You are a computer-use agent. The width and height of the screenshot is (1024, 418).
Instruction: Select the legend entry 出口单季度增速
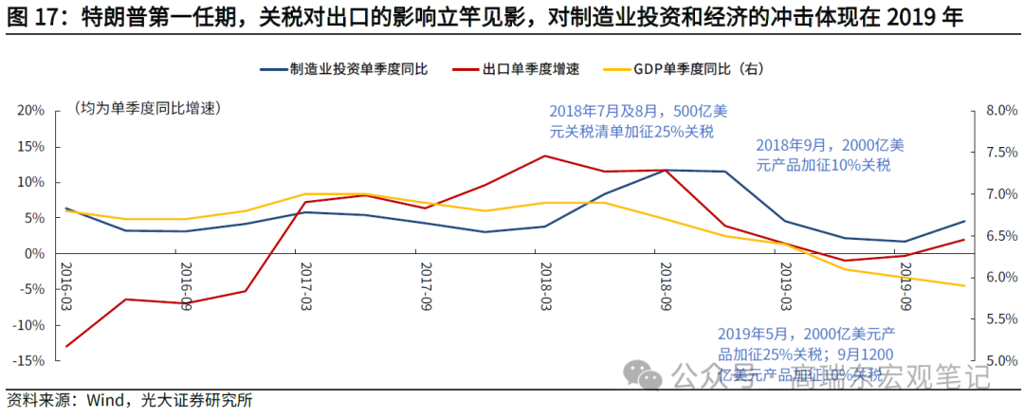(530, 69)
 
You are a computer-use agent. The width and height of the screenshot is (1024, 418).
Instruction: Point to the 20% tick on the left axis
(31, 110)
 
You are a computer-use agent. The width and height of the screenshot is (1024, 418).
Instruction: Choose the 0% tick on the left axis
(34, 254)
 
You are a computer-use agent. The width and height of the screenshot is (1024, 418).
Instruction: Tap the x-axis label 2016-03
(65, 283)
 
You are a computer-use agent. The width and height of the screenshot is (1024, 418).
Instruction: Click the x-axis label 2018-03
(545, 283)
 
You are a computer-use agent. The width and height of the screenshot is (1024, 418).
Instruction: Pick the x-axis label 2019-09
(905, 283)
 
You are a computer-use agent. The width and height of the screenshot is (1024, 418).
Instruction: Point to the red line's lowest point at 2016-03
(65, 346)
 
